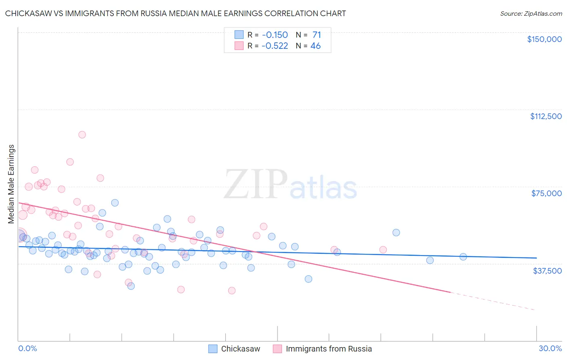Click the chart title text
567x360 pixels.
(x=175, y=13)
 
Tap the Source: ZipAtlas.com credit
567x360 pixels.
(x=531, y=13)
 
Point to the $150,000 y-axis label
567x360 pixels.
(x=544, y=39)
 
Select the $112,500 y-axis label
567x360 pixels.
(x=546, y=116)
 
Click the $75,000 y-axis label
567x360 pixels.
(x=546, y=193)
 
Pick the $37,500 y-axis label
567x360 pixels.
(x=547, y=271)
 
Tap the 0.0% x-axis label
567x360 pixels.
(x=27, y=348)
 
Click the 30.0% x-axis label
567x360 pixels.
(x=550, y=348)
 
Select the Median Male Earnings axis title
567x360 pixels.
(x=11, y=184)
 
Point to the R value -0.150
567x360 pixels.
(x=275, y=35)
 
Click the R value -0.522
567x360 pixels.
(x=275, y=46)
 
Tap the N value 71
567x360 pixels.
(x=317, y=35)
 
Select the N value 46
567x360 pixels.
(x=315, y=46)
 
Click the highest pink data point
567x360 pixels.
(x=82, y=135)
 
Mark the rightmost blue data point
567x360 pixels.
(x=463, y=257)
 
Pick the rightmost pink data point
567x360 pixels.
(x=383, y=250)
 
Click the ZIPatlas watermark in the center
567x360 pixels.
(x=290, y=185)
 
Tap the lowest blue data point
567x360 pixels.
(x=131, y=286)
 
